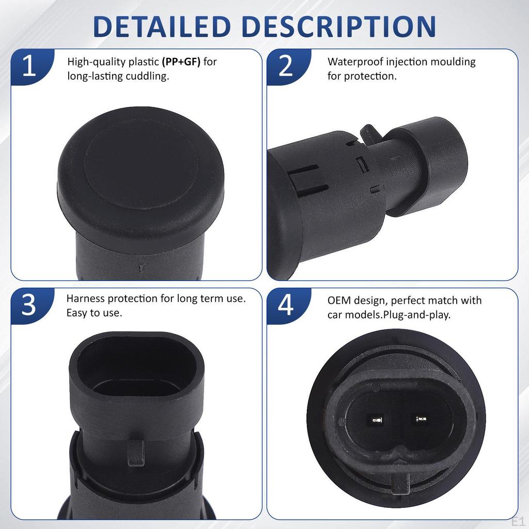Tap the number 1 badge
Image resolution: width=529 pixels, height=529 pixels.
tap(29, 68)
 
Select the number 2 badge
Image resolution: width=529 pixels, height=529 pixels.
tap(286, 68)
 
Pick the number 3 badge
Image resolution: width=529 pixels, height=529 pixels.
tap(29, 305)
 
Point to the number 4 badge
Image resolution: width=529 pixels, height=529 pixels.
tap(286, 305)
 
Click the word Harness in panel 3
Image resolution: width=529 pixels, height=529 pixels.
tap(85, 299)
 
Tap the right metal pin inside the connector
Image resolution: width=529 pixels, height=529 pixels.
tap(419, 418)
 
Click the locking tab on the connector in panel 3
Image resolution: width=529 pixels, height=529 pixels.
tap(135, 452)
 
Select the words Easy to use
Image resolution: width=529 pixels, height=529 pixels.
tap(94, 313)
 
